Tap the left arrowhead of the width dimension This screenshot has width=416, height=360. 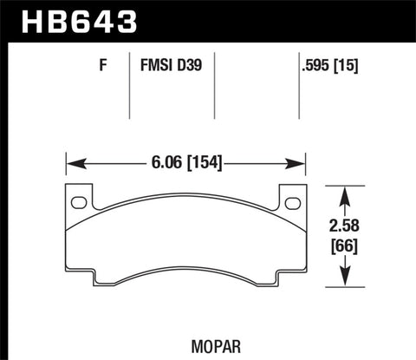pos(73,162)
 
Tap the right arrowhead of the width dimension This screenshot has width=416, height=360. pos(301,162)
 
